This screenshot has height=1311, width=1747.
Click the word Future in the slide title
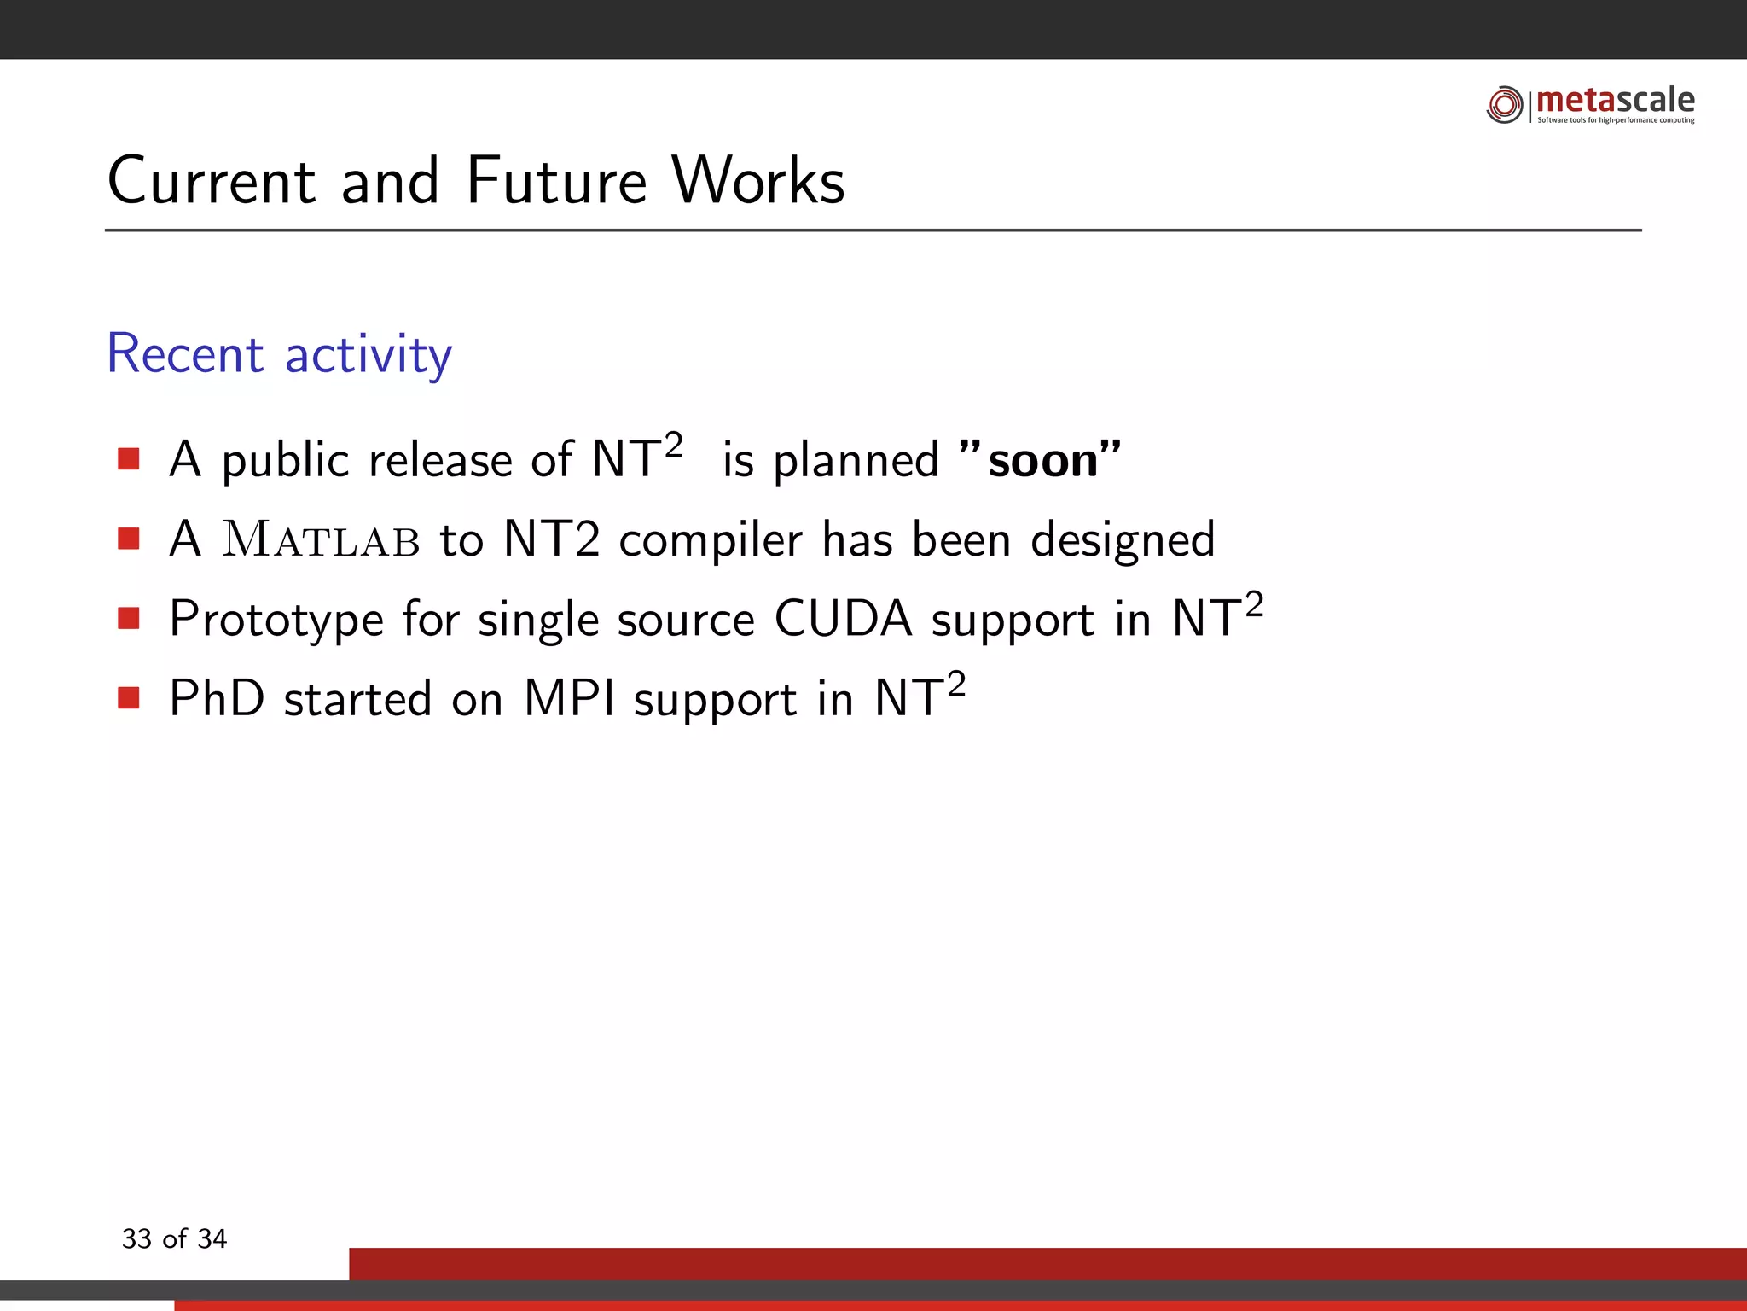[x=557, y=181]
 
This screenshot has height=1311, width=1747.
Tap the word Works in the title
[x=757, y=181]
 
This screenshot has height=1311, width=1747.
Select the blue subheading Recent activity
[x=279, y=353]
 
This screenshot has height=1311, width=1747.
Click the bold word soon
[x=1042, y=461]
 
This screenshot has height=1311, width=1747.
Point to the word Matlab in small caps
[x=321, y=540]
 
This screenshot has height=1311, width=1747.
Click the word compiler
[x=710, y=540]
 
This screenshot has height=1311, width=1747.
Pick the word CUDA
[x=843, y=619]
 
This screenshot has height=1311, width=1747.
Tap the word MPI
[x=569, y=698]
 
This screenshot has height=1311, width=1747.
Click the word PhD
[x=217, y=698]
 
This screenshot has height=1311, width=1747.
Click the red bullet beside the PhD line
[x=129, y=698]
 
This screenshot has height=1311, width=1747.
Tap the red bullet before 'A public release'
[x=129, y=459]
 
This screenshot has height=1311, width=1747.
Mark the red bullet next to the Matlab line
[x=129, y=539]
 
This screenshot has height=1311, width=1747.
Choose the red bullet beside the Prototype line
[x=129, y=618]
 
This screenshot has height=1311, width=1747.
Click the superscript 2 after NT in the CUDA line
[x=1253, y=604]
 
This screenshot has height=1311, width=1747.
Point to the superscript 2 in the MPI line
[x=955, y=684]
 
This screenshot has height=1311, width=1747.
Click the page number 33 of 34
[x=174, y=1238]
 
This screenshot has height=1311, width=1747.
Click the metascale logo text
[x=1615, y=101]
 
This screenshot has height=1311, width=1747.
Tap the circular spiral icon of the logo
[x=1504, y=104]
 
